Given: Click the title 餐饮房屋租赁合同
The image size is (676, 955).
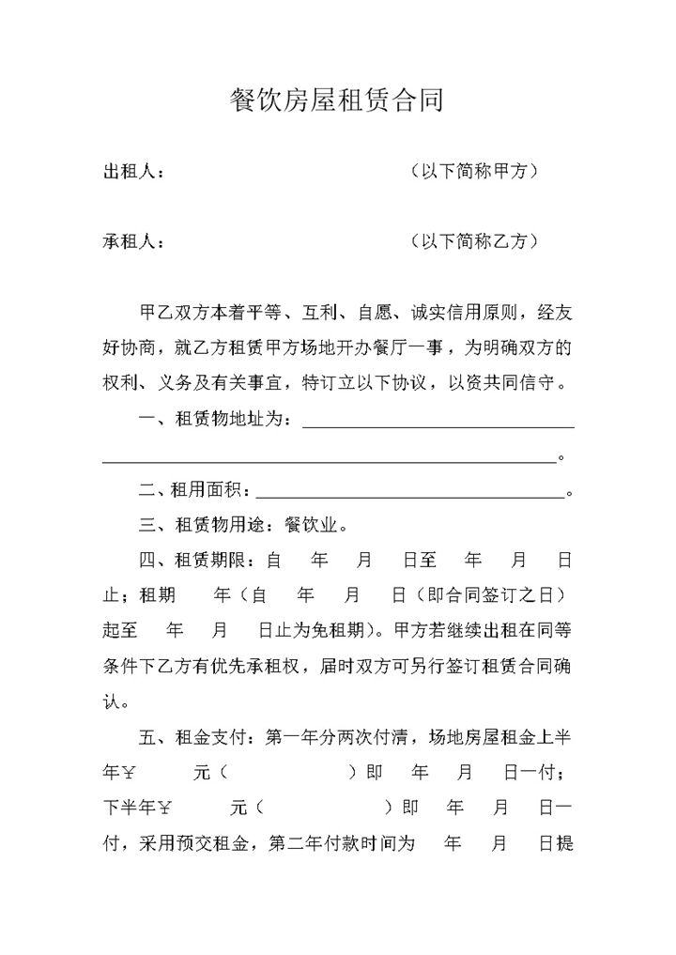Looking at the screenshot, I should (337, 100).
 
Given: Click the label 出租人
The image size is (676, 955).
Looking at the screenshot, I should (129, 172).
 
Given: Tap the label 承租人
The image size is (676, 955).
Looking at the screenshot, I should (129, 241).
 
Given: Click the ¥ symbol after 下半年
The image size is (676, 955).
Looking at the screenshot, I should (166, 808).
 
